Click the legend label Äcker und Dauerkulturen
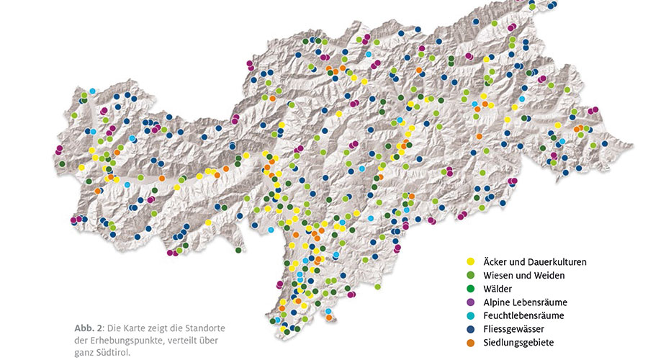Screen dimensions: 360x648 tap(534, 262)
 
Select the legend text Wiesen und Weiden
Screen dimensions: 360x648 tap(523, 275)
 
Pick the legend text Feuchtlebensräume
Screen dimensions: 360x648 tap(523, 315)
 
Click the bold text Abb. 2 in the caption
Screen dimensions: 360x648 tap(87, 328)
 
